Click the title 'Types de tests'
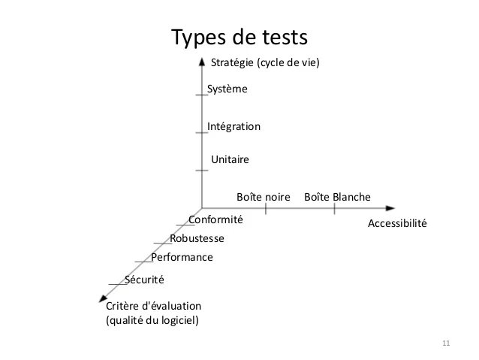click(239, 38)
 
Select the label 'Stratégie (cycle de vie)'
click(265, 62)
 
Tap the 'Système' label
click(227, 89)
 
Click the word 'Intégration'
click(233, 126)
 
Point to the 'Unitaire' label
click(230, 159)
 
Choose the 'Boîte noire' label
click(264, 197)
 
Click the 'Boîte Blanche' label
click(337, 197)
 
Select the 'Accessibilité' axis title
click(397, 223)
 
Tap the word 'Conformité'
click(215, 219)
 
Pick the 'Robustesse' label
click(197, 238)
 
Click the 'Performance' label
click(182, 257)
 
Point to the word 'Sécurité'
click(144, 280)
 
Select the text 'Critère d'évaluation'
click(154, 306)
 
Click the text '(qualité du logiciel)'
click(152, 320)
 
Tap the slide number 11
click(446, 343)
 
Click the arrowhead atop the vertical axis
click(202, 62)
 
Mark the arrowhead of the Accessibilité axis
click(390, 208)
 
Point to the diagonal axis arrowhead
click(103, 298)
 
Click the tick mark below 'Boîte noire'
click(266, 208)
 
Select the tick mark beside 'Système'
click(202, 95)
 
